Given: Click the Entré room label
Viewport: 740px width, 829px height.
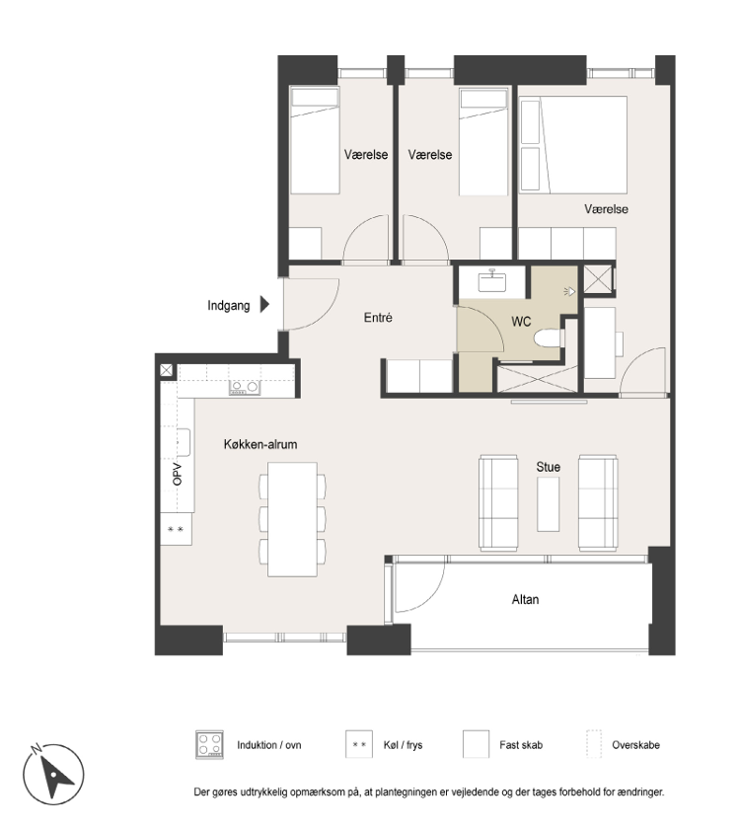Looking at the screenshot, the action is [378, 317].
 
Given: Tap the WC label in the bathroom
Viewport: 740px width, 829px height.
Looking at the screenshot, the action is [521, 322].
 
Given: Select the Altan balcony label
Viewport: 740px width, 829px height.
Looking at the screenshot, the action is [525, 599].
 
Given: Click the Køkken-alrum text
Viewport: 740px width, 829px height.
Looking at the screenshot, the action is [260, 444].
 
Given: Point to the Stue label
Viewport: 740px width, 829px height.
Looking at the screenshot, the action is [549, 467].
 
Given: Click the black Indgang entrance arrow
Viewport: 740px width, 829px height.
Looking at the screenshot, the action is [264, 305].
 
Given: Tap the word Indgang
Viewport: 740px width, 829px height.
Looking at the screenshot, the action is [228, 306].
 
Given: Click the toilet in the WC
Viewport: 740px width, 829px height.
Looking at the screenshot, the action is [548, 339].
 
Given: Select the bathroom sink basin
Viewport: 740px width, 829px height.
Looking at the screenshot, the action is [492, 281].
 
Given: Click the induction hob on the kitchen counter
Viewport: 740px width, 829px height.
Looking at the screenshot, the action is [245, 388].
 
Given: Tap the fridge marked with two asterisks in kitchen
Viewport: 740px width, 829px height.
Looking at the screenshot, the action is [176, 529].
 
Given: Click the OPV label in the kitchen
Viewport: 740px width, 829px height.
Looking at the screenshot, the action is [177, 475].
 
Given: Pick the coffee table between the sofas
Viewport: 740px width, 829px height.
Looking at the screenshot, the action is [549, 504].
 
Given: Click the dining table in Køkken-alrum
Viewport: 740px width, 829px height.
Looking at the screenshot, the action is [292, 519].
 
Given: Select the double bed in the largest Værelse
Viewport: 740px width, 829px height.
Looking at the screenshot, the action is [573, 144].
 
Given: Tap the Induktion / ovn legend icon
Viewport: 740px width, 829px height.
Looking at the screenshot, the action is [209, 744].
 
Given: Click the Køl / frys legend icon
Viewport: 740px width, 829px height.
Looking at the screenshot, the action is [359, 744].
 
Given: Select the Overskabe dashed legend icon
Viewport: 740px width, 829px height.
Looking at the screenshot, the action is [594, 744].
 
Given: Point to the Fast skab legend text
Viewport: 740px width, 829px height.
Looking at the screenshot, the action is [521, 745].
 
